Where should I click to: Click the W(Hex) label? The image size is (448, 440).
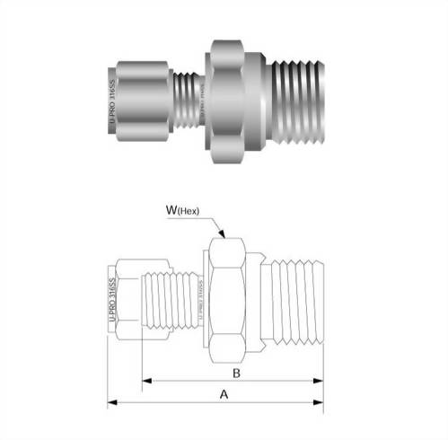click(189, 212)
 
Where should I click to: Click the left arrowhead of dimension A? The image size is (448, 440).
click(111, 403)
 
